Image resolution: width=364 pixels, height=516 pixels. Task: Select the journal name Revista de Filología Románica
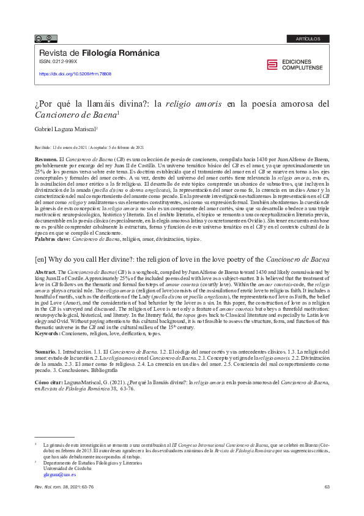pos(99,53)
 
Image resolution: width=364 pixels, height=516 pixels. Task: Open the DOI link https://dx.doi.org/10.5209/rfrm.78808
pos(75,74)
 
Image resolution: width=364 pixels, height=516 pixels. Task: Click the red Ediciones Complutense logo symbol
pos(272,65)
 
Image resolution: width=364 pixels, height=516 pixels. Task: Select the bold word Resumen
pos(46,158)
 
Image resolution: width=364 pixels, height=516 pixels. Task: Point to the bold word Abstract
pos(46,271)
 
